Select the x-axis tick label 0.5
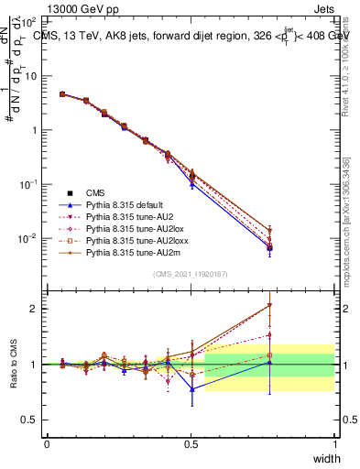pyautogui.click(x=191, y=443)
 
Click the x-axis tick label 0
pyautogui.click(x=47, y=443)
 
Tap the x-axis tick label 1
pyautogui.click(x=334, y=443)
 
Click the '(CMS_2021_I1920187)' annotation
pyautogui.click(x=190, y=274)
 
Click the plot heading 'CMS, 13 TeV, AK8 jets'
pyautogui.click(x=101, y=36)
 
